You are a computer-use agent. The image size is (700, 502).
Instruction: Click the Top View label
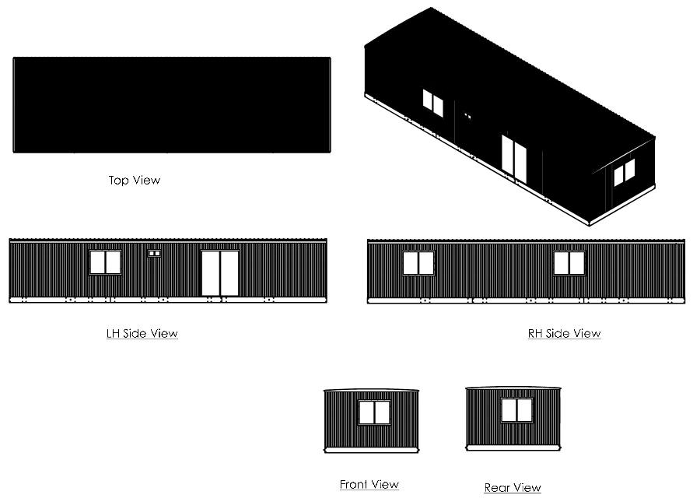tap(135, 180)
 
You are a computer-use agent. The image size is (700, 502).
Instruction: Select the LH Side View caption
tap(142, 333)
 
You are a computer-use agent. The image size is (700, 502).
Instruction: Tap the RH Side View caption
tap(565, 333)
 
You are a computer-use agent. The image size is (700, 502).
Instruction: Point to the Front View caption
tap(369, 484)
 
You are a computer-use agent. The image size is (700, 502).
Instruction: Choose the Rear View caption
tap(513, 487)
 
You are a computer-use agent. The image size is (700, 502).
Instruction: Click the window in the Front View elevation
tap(375, 412)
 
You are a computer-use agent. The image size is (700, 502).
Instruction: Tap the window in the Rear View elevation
tap(517, 410)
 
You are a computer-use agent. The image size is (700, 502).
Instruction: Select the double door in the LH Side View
tap(219, 273)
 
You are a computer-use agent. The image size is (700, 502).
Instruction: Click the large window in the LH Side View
tap(105, 262)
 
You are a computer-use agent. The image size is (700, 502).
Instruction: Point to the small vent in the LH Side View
tap(155, 253)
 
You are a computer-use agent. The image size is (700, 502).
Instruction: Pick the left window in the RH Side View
tap(418, 263)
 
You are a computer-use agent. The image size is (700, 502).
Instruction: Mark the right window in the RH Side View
tap(569, 263)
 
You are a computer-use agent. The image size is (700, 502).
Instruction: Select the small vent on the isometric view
tap(467, 116)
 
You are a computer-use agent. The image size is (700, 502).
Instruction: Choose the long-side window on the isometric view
tap(433, 104)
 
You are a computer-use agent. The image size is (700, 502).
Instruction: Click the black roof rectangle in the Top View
tap(172, 105)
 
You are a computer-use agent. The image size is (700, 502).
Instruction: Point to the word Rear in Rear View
tap(496, 487)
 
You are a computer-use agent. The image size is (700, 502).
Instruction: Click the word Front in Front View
tap(354, 484)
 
